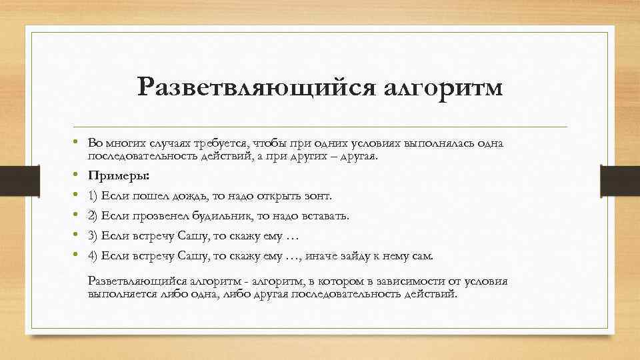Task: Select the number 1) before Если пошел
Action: (93, 197)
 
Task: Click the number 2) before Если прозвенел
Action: (93, 216)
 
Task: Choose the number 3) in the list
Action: (93, 235)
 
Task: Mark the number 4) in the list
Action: (93, 255)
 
